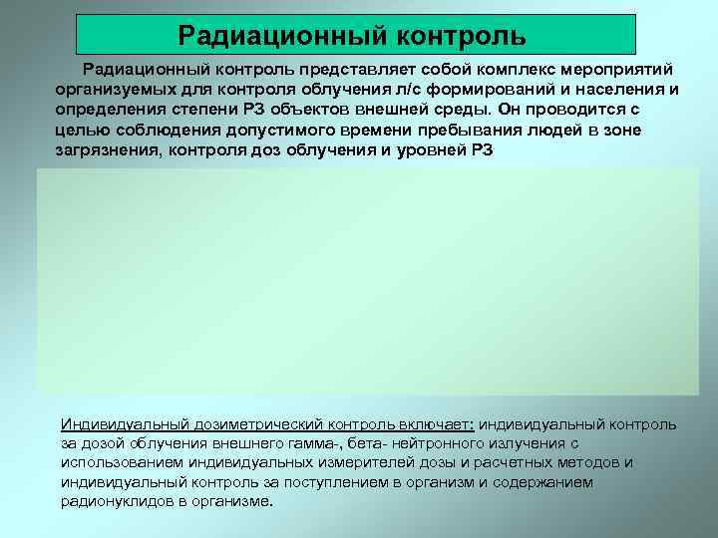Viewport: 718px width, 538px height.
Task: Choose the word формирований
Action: pyautogui.click(x=482, y=90)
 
